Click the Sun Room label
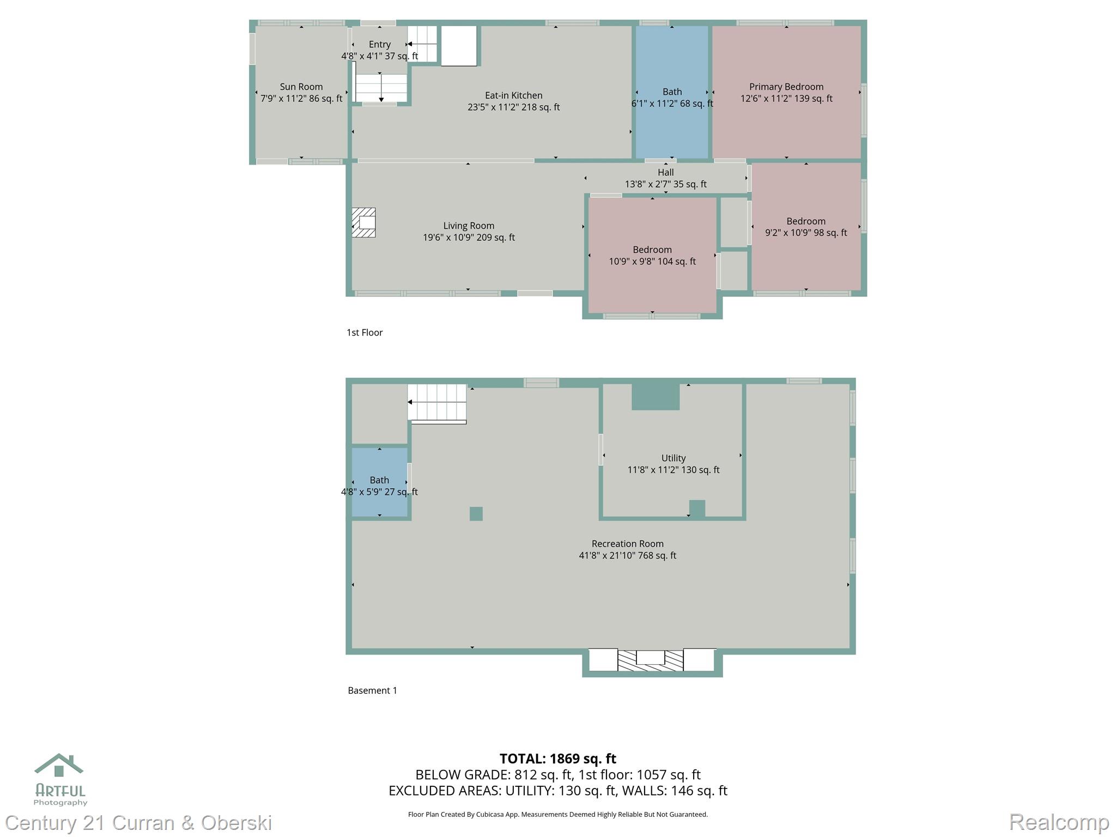(x=301, y=87)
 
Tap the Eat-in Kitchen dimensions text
(x=513, y=107)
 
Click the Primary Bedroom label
(x=786, y=87)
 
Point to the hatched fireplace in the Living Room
(x=363, y=222)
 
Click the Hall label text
(x=665, y=172)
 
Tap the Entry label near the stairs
(x=379, y=45)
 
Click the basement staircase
(x=437, y=402)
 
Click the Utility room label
(x=673, y=458)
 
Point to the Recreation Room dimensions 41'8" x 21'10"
(x=627, y=555)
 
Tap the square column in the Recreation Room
(x=476, y=514)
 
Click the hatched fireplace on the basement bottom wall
(x=651, y=660)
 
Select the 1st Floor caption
(x=365, y=332)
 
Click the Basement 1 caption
(x=372, y=690)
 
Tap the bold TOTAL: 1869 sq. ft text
(x=557, y=759)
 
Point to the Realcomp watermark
(x=1059, y=822)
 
